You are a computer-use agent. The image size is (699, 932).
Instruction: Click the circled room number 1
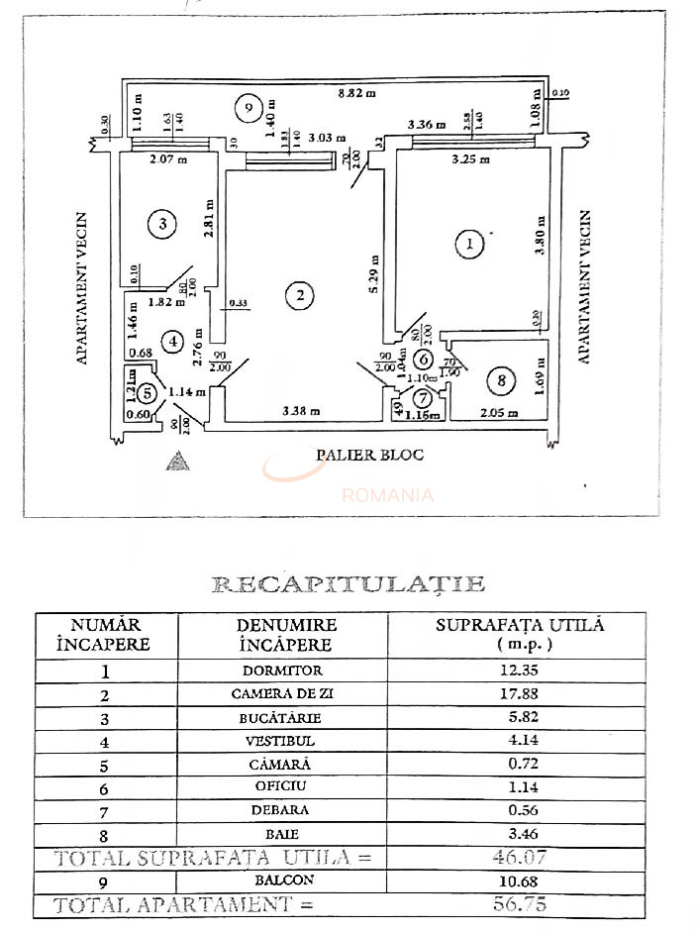click(469, 243)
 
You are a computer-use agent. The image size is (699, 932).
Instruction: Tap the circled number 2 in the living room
click(298, 294)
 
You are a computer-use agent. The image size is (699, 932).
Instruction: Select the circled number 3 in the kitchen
click(163, 225)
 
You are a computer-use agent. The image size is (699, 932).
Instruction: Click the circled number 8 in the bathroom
click(502, 379)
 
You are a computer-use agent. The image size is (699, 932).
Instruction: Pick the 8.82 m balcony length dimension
click(356, 93)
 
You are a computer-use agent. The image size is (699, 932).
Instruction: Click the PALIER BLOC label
click(369, 455)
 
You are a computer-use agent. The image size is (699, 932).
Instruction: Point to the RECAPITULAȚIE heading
click(349, 583)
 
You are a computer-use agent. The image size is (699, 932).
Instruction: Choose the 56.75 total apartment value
click(519, 903)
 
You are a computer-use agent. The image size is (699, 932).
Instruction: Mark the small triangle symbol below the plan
click(177, 462)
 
